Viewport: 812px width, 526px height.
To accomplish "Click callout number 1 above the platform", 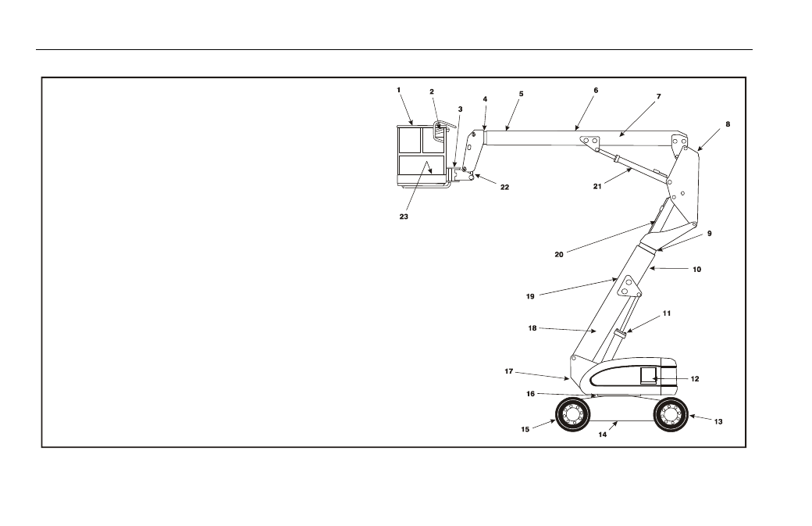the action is click(399, 90).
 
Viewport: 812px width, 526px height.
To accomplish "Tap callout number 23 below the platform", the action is click(404, 216).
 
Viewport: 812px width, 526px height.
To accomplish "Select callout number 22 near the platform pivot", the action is click(505, 187).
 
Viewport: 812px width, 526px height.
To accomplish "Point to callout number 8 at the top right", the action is click(728, 124).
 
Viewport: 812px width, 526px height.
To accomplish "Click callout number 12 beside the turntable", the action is click(695, 379).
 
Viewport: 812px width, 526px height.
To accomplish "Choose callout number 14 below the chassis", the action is click(603, 435).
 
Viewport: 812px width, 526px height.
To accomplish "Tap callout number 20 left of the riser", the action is click(559, 255).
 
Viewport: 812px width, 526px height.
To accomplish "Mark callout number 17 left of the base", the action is click(508, 371).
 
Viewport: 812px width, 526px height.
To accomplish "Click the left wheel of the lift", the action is click(572, 414).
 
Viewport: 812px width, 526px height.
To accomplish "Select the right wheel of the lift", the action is click(671, 414).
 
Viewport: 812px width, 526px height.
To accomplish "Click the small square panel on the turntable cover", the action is click(648, 376).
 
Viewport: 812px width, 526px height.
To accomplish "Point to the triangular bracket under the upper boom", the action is click(589, 142).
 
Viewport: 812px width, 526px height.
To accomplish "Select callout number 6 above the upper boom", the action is click(596, 90).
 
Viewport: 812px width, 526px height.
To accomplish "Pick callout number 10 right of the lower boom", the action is click(697, 270).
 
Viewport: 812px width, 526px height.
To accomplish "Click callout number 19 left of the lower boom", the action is click(530, 296).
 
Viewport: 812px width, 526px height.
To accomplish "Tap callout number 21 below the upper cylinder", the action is click(597, 187).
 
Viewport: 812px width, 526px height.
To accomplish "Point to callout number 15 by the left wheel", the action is click(525, 430).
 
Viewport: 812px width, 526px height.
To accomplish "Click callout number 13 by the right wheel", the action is click(718, 422).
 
